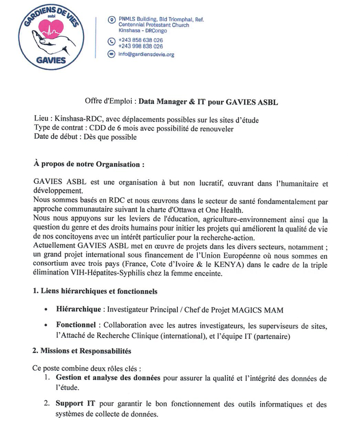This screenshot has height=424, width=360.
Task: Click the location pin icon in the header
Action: click(111, 20)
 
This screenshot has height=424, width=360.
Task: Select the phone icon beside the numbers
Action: click(111, 42)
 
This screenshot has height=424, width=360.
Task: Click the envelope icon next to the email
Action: click(111, 54)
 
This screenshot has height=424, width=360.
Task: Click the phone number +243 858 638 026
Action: click(140, 40)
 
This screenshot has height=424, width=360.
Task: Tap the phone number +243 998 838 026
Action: click(140, 46)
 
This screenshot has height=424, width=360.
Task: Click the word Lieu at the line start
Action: click(41, 119)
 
